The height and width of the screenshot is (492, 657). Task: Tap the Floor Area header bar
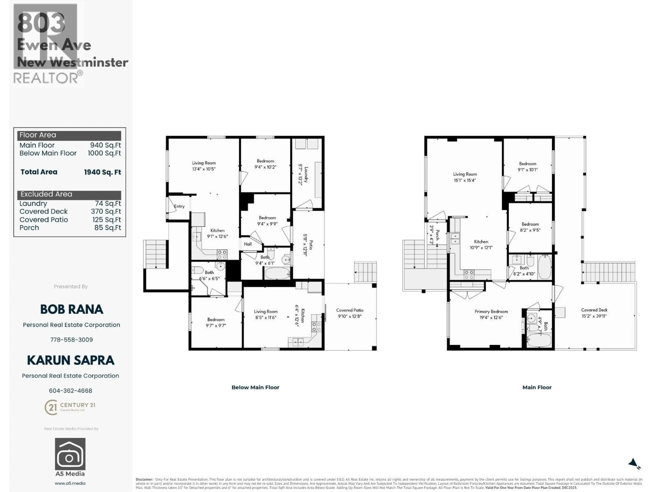click(x=69, y=135)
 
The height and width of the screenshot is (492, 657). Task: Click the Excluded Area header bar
click(x=69, y=195)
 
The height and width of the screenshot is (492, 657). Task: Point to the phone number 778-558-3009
click(x=71, y=340)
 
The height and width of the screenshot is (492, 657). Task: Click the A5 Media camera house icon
click(x=70, y=454)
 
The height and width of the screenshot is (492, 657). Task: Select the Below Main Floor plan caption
click(x=255, y=387)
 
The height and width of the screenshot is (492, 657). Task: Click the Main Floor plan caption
click(x=537, y=387)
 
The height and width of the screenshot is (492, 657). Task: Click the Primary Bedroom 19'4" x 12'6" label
click(x=491, y=314)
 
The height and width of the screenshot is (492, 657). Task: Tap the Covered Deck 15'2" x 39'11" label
click(x=594, y=313)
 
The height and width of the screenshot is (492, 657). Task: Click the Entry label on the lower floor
click(x=179, y=206)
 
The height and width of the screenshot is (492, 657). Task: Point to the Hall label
click(x=248, y=244)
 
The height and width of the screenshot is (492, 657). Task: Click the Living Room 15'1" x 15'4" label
click(x=465, y=177)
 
